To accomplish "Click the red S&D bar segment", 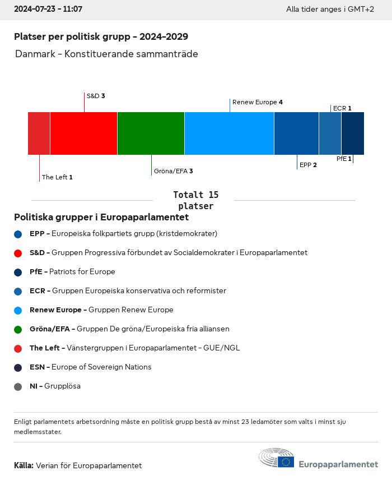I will click(83, 133).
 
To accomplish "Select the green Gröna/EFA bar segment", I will click(151, 133).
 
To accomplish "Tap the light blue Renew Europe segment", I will click(229, 133).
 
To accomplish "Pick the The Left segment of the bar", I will click(39, 133).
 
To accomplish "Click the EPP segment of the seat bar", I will click(296, 133).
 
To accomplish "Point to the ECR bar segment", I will click(330, 133).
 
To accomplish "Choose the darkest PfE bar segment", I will click(352, 133).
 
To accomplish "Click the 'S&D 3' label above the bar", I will click(96, 96).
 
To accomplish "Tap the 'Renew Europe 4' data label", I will click(257, 102).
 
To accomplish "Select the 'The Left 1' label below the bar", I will click(57, 177).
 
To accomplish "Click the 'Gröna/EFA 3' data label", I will click(173, 171).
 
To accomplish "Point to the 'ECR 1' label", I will click(342, 108).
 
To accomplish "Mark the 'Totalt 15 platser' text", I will click(195, 200).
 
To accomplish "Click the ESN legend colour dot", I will click(18, 368).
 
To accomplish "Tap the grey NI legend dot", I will click(18, 387).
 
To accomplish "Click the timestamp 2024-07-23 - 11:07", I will click(48, 10).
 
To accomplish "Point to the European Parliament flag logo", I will click(286, 461).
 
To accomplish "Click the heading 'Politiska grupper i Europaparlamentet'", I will click(101, 217).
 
